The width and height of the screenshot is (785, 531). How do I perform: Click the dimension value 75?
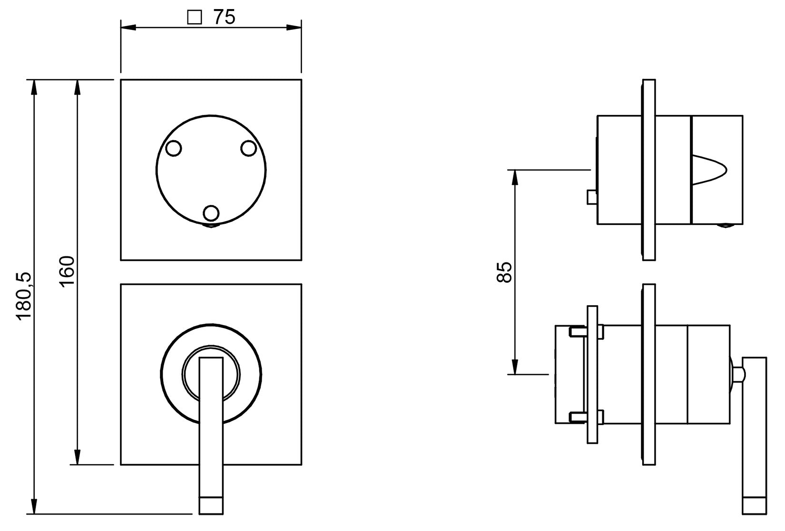point(224,17)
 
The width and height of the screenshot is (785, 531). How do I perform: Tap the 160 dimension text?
point(68,270)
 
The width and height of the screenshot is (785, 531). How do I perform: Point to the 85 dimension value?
point(504,272)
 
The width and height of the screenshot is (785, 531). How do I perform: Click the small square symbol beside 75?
point(194,18)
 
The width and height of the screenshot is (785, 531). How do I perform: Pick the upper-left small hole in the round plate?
point(174,148)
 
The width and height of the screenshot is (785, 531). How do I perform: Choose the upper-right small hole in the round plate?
point(248,148)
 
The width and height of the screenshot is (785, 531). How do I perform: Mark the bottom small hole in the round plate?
point(211,212)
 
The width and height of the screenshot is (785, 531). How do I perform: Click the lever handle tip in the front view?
point(211,505)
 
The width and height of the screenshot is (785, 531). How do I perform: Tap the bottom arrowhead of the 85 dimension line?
point(514,368)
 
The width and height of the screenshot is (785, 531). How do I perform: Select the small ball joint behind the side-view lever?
point(737,374)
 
